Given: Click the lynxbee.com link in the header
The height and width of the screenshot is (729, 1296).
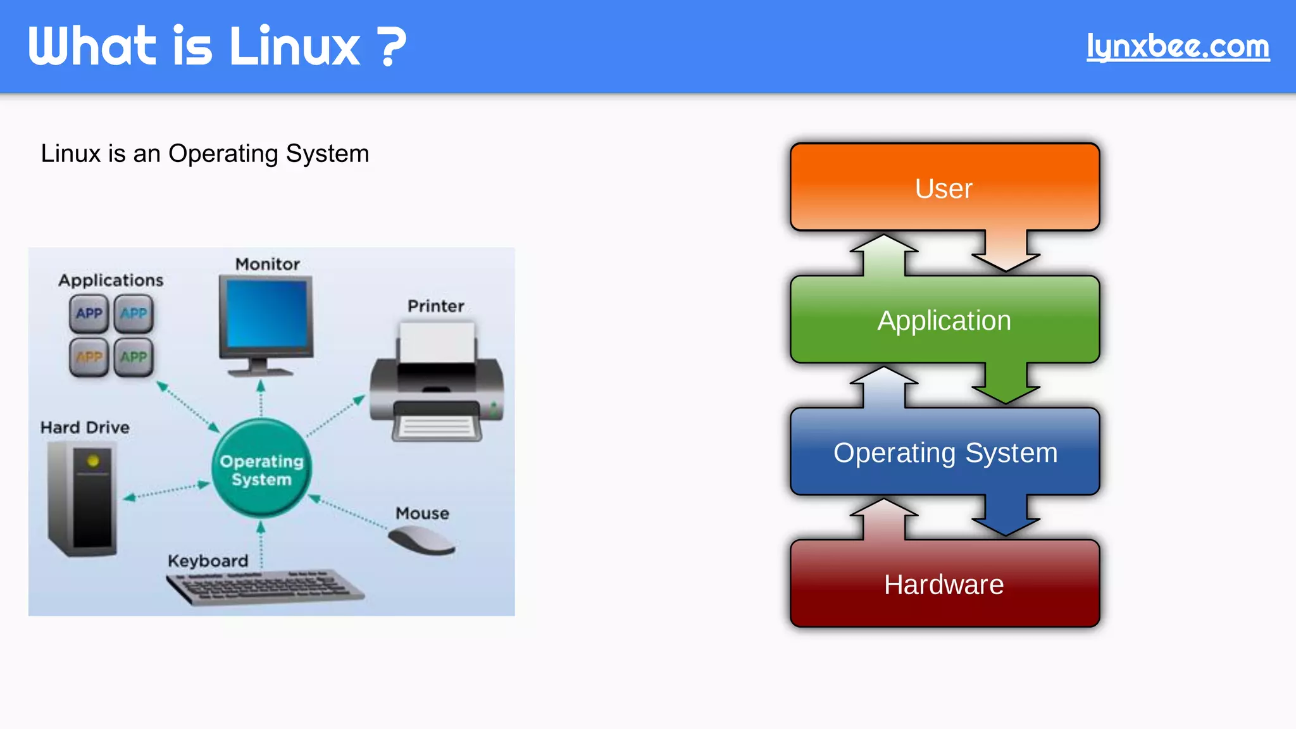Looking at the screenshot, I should [x=1178, y=46].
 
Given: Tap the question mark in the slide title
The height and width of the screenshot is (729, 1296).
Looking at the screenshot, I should [x=393, y=46].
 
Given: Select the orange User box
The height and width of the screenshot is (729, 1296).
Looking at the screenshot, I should [x=944, y=187].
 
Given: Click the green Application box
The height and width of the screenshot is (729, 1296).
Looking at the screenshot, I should [x=944, y=320].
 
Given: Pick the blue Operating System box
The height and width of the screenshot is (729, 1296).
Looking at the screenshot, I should [x=944, y=452].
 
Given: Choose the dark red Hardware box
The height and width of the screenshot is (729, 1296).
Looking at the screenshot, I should [x=944, y=584].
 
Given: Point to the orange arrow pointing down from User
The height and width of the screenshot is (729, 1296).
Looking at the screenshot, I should [x=1006, y=252].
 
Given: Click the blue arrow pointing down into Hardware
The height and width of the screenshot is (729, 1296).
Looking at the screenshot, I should [x=1006, y=516].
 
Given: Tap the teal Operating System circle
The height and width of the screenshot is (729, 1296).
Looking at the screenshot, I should [x=261, y=469].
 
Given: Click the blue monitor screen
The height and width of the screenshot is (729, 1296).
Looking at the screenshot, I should [x=266, y=313].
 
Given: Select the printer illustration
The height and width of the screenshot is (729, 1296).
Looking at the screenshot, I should [x=437, y=386].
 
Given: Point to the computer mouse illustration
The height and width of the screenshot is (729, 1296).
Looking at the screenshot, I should [x=421, y=540].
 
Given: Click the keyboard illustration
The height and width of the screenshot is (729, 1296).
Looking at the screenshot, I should [x=265, y=586].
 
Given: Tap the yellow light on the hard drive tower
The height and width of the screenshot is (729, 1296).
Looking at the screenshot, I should [x=93, y=461].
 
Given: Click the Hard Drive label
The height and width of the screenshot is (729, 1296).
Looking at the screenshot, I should [x=85, y=428].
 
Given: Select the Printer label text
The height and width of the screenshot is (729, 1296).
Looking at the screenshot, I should [x=435, y=306].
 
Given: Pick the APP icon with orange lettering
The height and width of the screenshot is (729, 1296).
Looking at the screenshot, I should [x=89, y=357].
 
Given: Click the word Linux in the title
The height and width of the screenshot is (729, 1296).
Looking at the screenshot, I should [x=295, y=46].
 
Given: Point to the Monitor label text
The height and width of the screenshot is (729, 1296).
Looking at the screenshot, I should [x=267, y=265].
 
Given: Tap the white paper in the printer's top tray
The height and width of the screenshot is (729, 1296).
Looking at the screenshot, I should [x=437, y=342].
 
